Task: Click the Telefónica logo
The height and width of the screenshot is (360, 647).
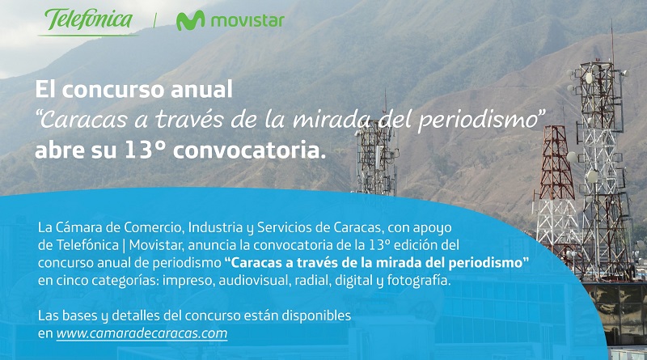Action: click(x=88, y=21)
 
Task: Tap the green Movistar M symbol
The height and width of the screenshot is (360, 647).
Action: click(x=190, y=21)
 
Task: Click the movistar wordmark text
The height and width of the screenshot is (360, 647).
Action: click(x=247, y=21)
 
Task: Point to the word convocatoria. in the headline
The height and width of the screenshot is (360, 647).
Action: click(x=249, y=150)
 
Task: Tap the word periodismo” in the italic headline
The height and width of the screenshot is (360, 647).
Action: click(x=481, y=121)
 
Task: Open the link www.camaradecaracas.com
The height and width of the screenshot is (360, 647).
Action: click(x=142, y=333)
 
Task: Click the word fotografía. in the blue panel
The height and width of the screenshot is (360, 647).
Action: click(x=419, y=281)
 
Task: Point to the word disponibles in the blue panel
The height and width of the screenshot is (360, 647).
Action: click(x=316, y=316)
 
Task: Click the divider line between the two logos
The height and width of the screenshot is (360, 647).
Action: click(x=155, y=20)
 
